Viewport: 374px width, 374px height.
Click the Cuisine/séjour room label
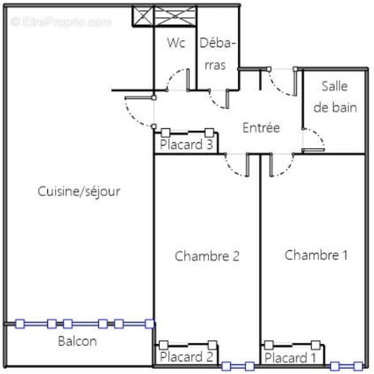[79, 191]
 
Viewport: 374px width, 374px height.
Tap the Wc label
[176, 43]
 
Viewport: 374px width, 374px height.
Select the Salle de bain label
[335, 96]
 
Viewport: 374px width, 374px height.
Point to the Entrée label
[261, 128]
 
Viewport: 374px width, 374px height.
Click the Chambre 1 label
[316, 255]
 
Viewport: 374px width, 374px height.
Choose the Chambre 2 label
[207, 256]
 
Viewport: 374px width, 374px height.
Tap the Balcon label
[77, 341]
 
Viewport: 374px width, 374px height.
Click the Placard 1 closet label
[290, 358]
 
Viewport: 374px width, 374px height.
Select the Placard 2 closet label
[187, 357]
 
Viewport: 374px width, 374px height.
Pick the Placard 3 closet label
[187, 144]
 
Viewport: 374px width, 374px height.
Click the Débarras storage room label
[217, 54]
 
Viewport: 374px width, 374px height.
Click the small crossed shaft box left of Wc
[143, 16]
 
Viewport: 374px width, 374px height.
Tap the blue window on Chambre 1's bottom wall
[347, 366]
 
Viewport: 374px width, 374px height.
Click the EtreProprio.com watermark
[61, 22]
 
